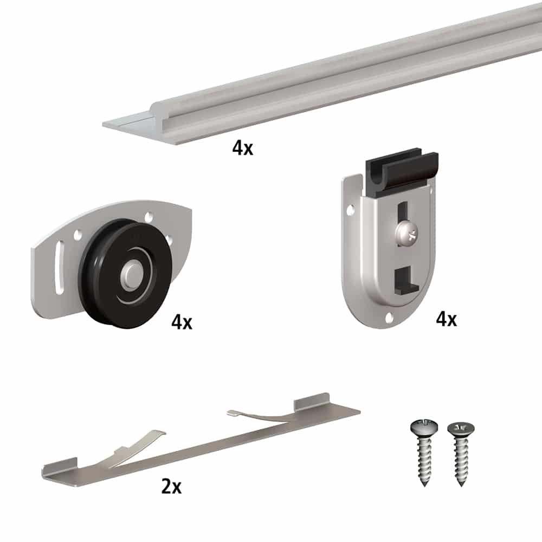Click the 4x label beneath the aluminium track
coord(242,147)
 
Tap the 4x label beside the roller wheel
coord(182,322)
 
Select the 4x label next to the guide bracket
coord(446,319)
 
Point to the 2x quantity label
coord(171,487)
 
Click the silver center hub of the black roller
coord(132,272)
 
